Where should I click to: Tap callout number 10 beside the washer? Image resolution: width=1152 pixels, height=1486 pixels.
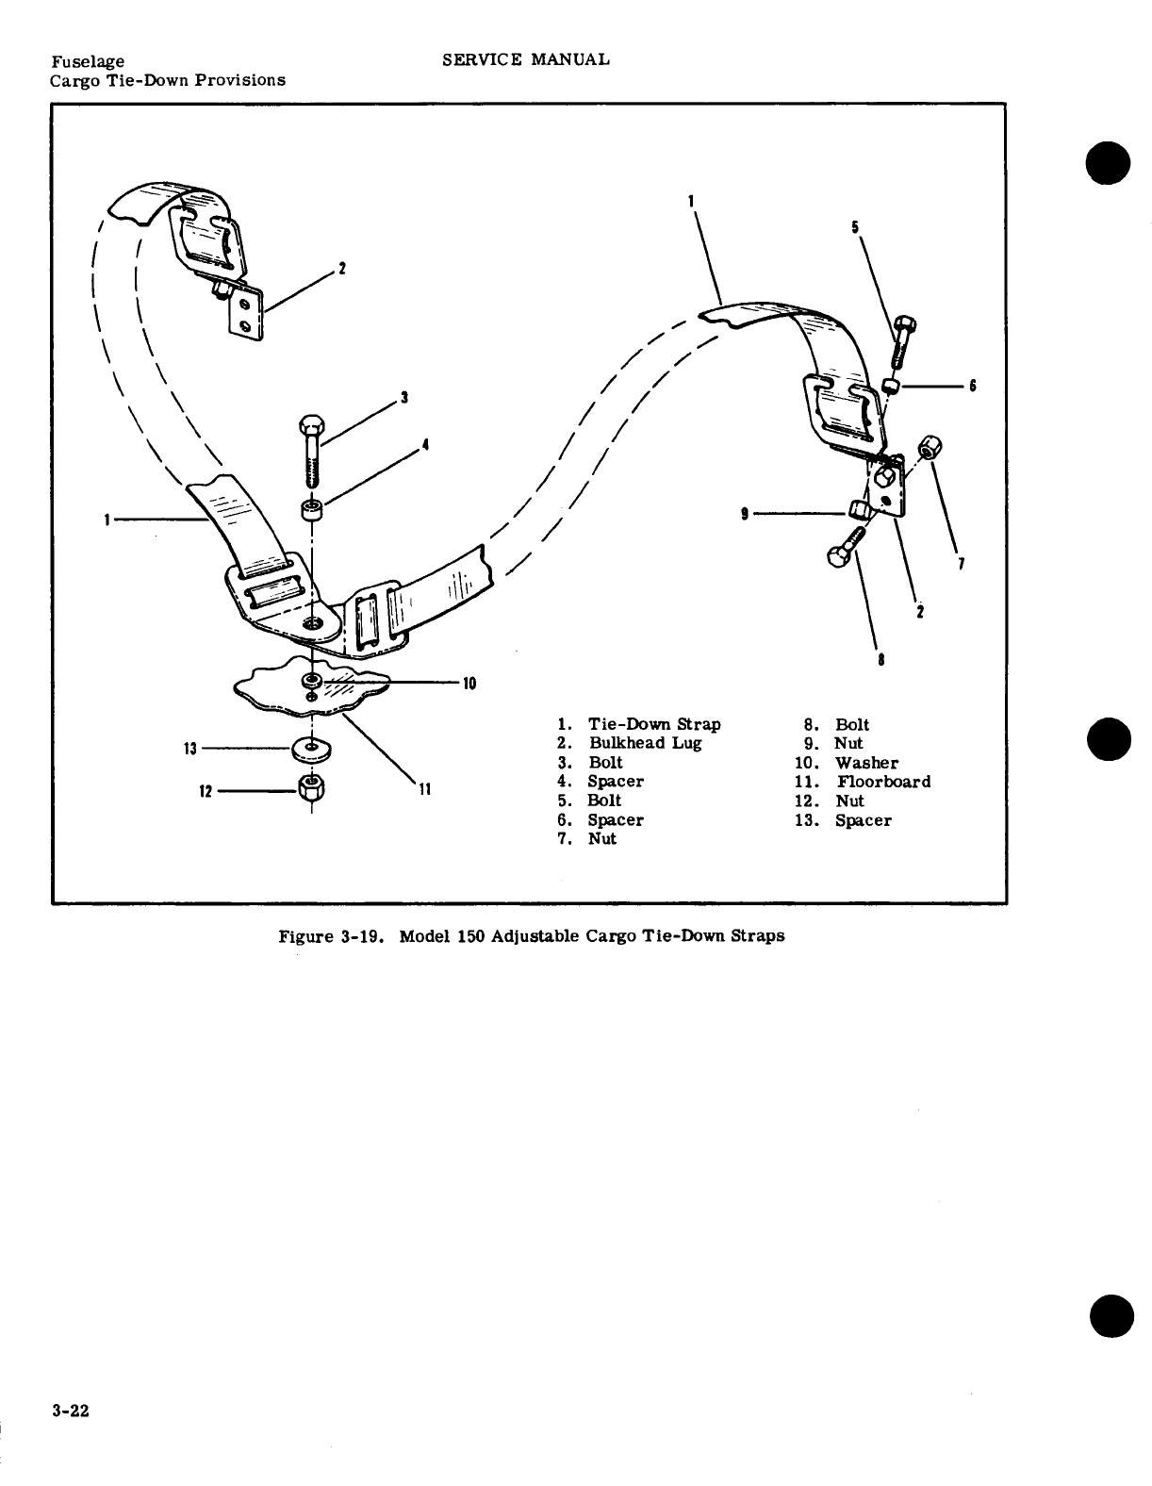[x=469, y=684]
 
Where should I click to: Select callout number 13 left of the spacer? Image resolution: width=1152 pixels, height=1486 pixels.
[x=189, y=749]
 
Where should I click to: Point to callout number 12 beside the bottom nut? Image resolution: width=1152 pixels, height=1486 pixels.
[x=205, y=791]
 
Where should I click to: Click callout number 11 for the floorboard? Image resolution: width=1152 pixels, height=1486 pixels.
[x=423, y=790]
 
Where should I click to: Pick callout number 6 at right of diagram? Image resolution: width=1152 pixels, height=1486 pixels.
[x=972, y=386]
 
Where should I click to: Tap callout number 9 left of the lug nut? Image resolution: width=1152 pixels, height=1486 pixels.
[x=745, y=514]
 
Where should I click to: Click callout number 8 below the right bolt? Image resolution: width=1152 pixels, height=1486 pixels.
[x=880, y=660]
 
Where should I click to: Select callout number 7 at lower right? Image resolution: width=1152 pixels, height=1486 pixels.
[x=960, y=565]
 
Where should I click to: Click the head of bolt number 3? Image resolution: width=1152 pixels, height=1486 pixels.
[x=311, y=425]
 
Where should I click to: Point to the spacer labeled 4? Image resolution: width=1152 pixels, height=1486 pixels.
[x=311, y=511]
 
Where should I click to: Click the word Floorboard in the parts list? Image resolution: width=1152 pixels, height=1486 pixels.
[x=883, y=782]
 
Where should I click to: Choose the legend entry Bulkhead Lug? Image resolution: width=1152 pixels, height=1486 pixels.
[x=645, y=743]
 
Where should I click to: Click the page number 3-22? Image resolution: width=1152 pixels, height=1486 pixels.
[x=71, y=1412]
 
